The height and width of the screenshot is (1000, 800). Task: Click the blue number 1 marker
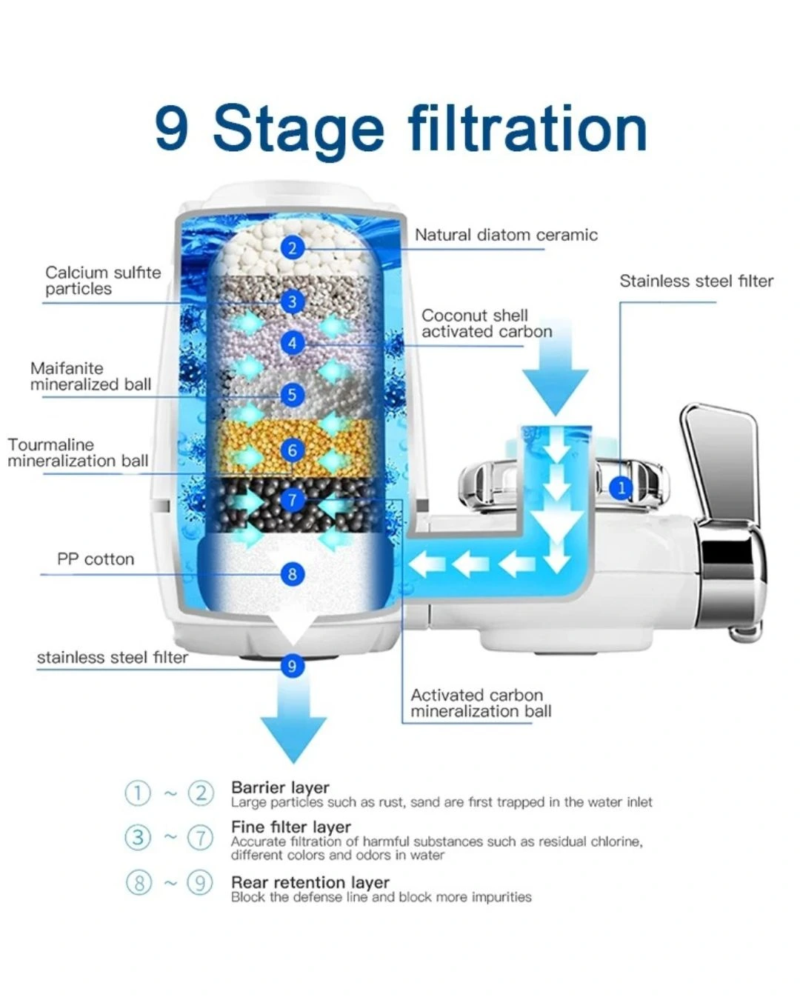[x=621, y=488]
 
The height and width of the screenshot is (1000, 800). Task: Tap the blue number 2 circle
[x=293, y=248]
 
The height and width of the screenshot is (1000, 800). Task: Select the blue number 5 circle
[x=293, y=395]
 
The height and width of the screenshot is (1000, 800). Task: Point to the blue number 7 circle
[x=293, y=500]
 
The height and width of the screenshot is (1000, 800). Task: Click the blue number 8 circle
[x=293, y=574]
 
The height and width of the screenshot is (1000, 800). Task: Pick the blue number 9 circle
[x=293, y=666]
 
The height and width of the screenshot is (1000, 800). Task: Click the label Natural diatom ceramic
[x=506, y=236]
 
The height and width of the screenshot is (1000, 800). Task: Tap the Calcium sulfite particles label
[x=103, y=281]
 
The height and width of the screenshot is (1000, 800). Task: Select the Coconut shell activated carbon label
[x=487, y=324]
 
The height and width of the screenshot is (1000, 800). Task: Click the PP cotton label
[x=96, y=559]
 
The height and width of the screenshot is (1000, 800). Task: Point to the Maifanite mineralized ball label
[x=90, y=376]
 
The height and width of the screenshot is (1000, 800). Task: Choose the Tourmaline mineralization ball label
[x=78, y=453]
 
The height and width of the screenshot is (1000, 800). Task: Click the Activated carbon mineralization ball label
[x=481, y=703]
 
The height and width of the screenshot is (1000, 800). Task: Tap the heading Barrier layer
[x=280, y=787]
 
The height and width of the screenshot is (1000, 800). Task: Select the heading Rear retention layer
[x=310, y=882]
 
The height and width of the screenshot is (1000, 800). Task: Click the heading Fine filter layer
[x=290, y=827]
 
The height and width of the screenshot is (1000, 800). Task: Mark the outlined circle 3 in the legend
[x=138, y=838]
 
